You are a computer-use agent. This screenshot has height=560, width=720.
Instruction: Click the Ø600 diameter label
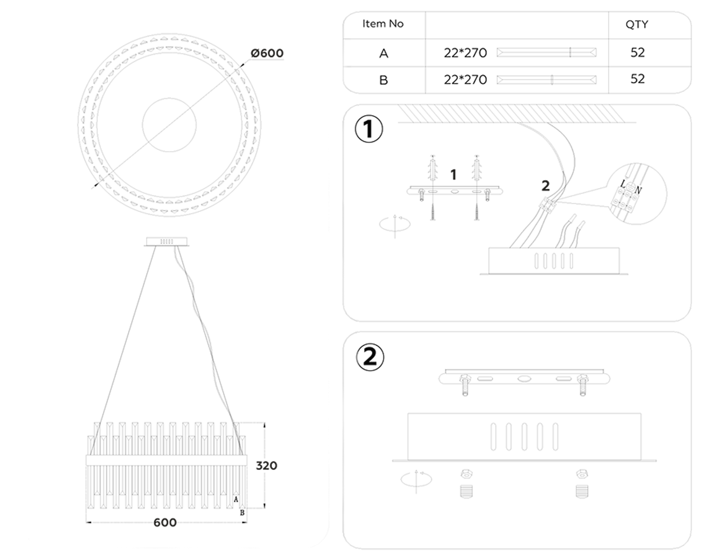pos(267,53)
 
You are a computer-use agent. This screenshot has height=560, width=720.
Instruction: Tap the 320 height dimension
pos(266,466)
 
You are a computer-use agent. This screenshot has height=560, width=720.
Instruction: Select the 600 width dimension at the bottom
pos(165,522)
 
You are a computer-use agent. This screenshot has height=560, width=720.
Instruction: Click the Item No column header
pos(383,24)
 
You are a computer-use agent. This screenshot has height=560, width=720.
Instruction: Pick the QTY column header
pos(636,25)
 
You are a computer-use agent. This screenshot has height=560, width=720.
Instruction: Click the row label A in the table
pos(384,53)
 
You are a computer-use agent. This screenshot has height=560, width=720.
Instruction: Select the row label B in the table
pos(384,80)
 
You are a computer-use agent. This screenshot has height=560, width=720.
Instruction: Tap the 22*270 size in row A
pos(465,53)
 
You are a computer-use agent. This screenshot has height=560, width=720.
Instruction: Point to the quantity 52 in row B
pos(637,79)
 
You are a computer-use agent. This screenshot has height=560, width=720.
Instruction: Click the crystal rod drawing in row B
pos(546,80)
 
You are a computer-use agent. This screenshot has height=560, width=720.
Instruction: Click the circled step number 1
pos(369,129)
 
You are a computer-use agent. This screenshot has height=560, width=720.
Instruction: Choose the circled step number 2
pos(370,357)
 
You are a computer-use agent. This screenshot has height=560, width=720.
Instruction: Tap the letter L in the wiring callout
pos(623,184)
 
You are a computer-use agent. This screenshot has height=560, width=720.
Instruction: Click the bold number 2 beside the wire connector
pos(545,186)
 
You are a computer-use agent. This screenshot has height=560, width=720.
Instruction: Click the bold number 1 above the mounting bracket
pos(453,175)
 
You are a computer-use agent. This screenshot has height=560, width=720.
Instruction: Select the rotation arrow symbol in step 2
pos(416,479)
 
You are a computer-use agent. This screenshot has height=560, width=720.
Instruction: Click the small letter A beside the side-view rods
pos(236,500)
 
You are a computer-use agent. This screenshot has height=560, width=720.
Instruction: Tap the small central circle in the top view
pos(169,125)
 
